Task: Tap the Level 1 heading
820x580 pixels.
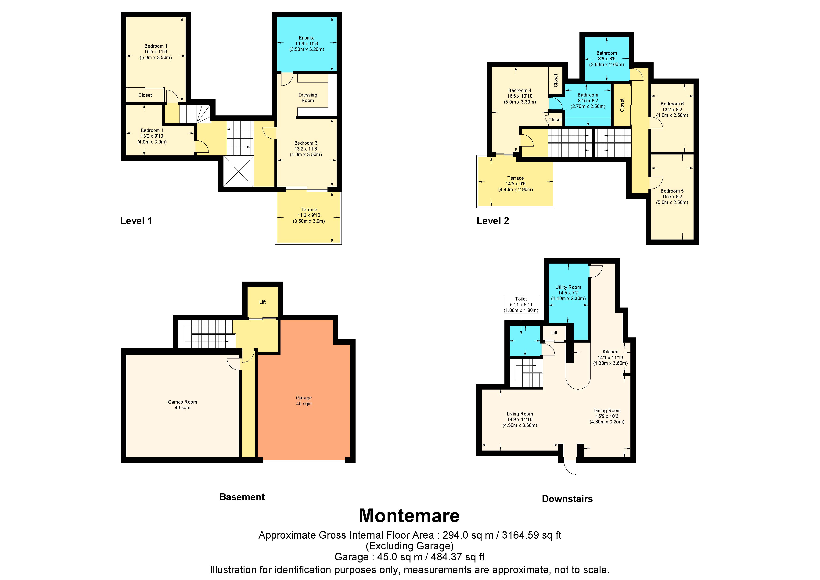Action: coord(136,221)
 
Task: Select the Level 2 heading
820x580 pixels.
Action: coord(493,221)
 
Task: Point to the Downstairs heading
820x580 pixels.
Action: coord(567,499)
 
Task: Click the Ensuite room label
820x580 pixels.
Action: coord(306,38)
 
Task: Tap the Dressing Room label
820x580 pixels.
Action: coord(308,97)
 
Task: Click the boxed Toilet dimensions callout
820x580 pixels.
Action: coord(521,305)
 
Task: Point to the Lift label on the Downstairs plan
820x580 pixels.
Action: coord(554,333)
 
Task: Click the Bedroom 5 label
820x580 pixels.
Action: coord(672,191)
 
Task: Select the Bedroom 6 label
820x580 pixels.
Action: coord(672,104)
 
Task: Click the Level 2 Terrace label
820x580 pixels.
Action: coord(515,178)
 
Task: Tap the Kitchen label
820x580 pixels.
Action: coord(610,352)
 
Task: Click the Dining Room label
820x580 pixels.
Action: coord(607,411)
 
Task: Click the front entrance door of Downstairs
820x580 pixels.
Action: coord(570,466)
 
